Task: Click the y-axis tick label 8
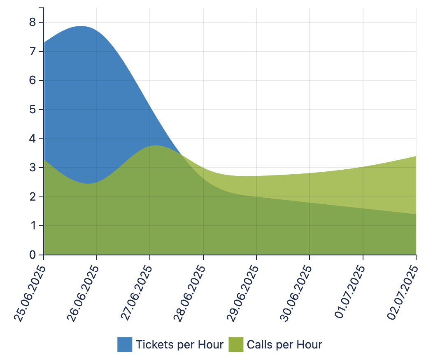(x=33, y=22)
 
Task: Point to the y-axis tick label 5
(x=33, y=110)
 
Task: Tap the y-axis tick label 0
(x=33, y=255)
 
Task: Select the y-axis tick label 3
(x=33, y=168)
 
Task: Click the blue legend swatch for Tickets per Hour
(x=125, y=344)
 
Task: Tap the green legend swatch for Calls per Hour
(x=236, y=344)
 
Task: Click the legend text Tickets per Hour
(x=179, y=344)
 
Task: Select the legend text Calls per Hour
(x=284, y=344)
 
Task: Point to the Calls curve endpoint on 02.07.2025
(x=416, y=156)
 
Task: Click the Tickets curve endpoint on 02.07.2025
(x=416, y=214)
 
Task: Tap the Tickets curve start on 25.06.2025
(x=44, y=42)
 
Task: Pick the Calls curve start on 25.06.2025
(x=44, y=159)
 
